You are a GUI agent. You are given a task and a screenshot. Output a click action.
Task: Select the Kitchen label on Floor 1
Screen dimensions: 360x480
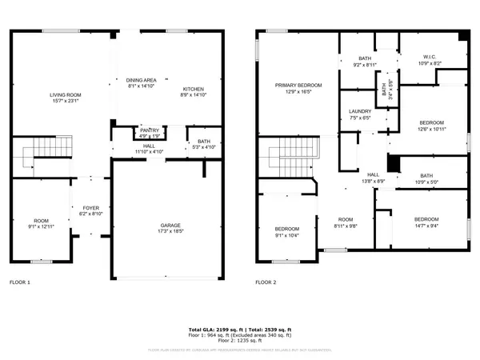click(x=194, y=92)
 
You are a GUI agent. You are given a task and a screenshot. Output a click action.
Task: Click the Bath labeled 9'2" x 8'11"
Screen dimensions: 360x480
click(x=364, y=62)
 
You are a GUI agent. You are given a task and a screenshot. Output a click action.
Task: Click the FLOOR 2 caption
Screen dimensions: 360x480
click(x=266, y=282)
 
